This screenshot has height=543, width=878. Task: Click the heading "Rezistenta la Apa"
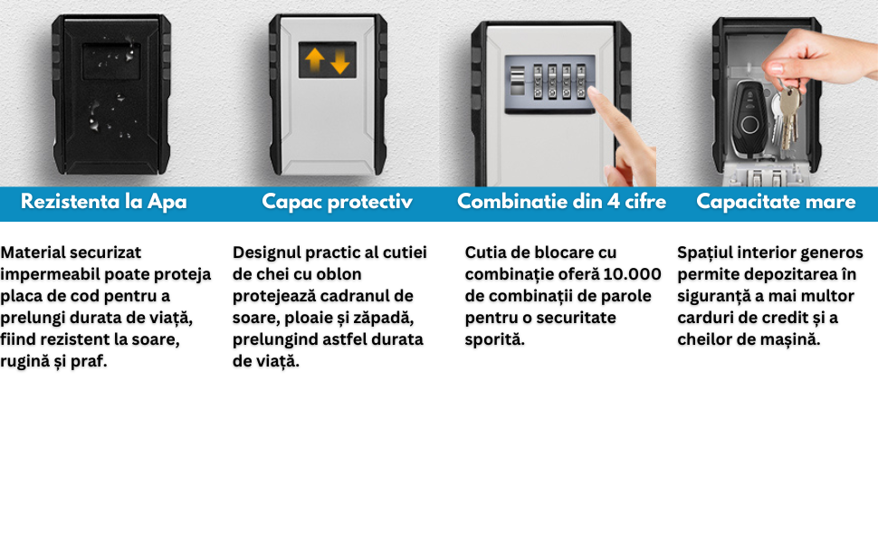click(x=103, y=202)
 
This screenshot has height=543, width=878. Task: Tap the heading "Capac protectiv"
click(x=337, y=202)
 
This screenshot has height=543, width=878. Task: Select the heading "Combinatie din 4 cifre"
click(x=561, y=202)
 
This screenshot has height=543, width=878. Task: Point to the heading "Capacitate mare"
click(x=776, y=202)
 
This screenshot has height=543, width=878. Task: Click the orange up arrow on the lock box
click(x=315, y=59)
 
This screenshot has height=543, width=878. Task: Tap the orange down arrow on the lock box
click(x=340, y=61)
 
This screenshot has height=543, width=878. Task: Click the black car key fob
click(x=749, y=118)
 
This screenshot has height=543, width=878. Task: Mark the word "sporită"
click(x=494, y=339)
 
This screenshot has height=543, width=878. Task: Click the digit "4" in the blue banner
click(x=614, y=202)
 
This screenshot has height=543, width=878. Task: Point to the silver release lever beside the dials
click(x=517, y=81)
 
